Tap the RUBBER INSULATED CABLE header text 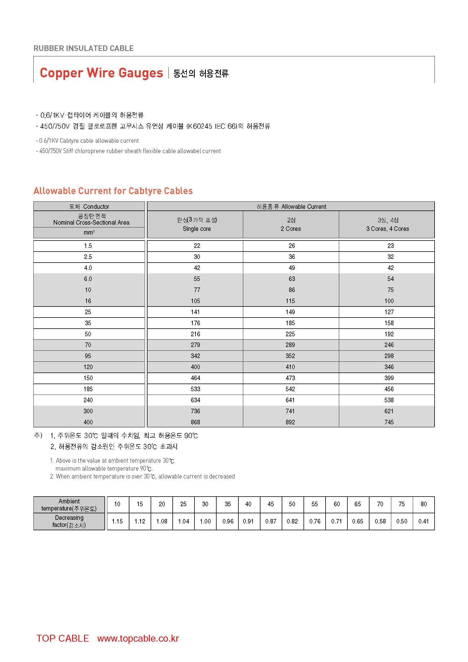(x=84, y=48)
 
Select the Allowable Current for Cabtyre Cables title (x=113, y=191)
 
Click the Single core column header (x=196, y=229)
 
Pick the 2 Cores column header (x=291, y=229)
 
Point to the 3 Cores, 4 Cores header (x=387, y=229)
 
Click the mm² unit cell (x=89, y=232)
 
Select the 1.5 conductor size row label (x=88, y=246)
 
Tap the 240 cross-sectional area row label (x=88, y=400)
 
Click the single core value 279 (x=195, y=345)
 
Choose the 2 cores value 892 (x=290, y=422)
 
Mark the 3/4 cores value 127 (x=389, y=312)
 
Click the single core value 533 (x=195, y=389)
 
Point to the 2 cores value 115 (x=290, y=301)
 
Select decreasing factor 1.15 (x=117, y=521)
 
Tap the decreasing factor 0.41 (x=423, y=521)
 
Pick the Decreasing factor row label (x=69, y=521)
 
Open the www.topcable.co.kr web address (x=138, y=638)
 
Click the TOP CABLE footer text (x=63, y=638)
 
